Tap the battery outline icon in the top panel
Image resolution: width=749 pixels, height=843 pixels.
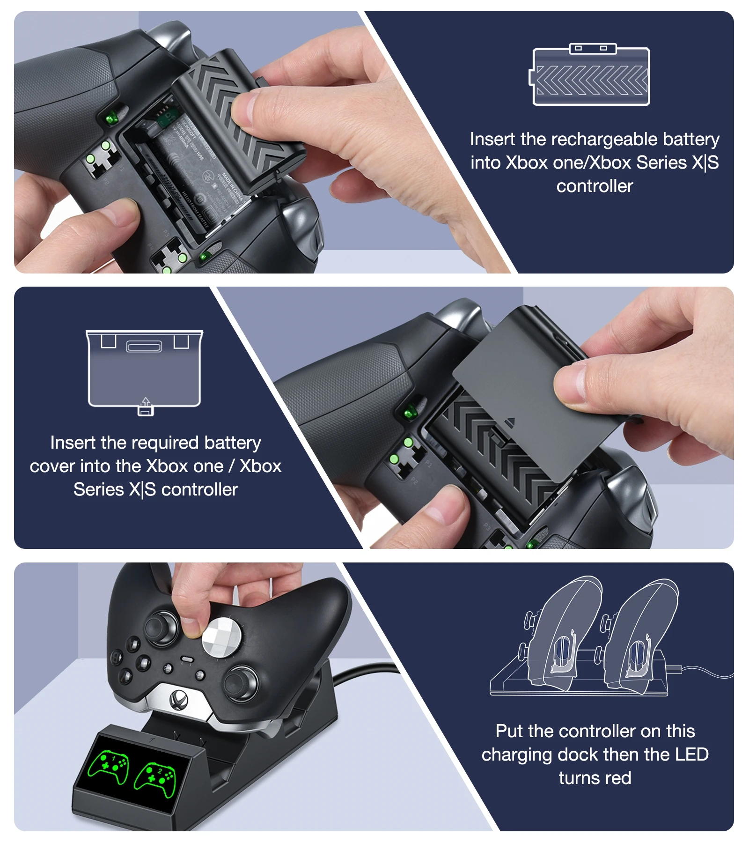[x=591, y=76]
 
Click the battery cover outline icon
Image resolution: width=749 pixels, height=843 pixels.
[x=144, y=369]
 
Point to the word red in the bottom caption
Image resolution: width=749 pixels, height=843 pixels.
[x=618, y=778]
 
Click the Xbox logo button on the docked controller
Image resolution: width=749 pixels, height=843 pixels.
[x=179, y=699]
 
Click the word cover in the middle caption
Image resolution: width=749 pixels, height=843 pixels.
[x=52, y=466]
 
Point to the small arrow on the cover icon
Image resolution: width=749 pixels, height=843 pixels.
[x=146, y=402]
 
